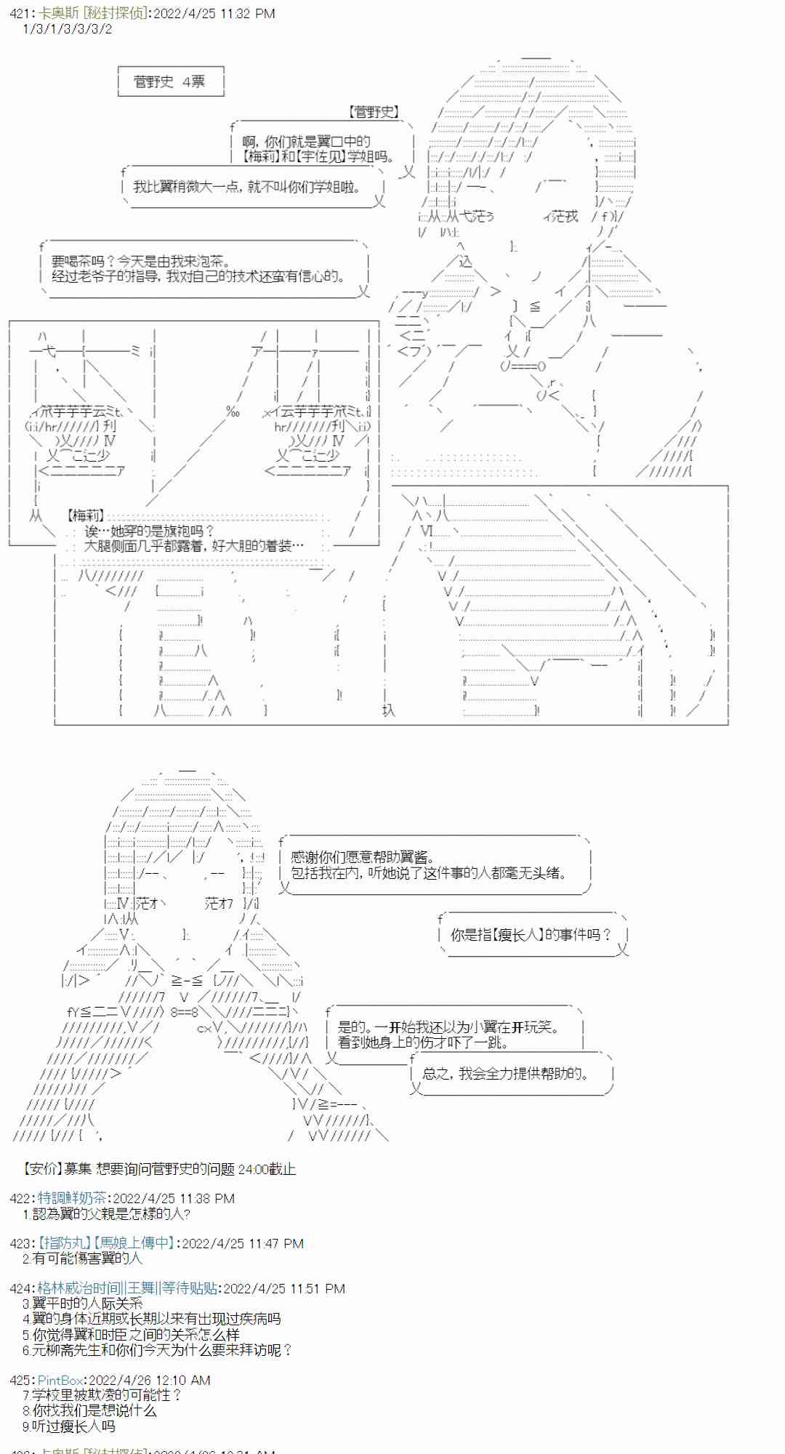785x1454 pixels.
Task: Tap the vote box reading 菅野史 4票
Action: (170, 81)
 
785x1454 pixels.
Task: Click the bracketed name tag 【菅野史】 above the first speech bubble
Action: (374, 111)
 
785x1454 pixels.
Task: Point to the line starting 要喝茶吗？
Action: (140, 261)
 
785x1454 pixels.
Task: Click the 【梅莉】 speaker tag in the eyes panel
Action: (85, 515)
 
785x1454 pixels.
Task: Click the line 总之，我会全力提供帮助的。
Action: (506, 1073)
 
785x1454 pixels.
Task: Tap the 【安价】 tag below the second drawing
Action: (41, 1168)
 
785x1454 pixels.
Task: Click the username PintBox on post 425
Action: (60, 1379)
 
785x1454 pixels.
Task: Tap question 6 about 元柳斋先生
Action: (157, 1349)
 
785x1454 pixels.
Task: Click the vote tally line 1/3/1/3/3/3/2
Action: (68, 28)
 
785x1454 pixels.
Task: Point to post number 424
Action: (20, 1288)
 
